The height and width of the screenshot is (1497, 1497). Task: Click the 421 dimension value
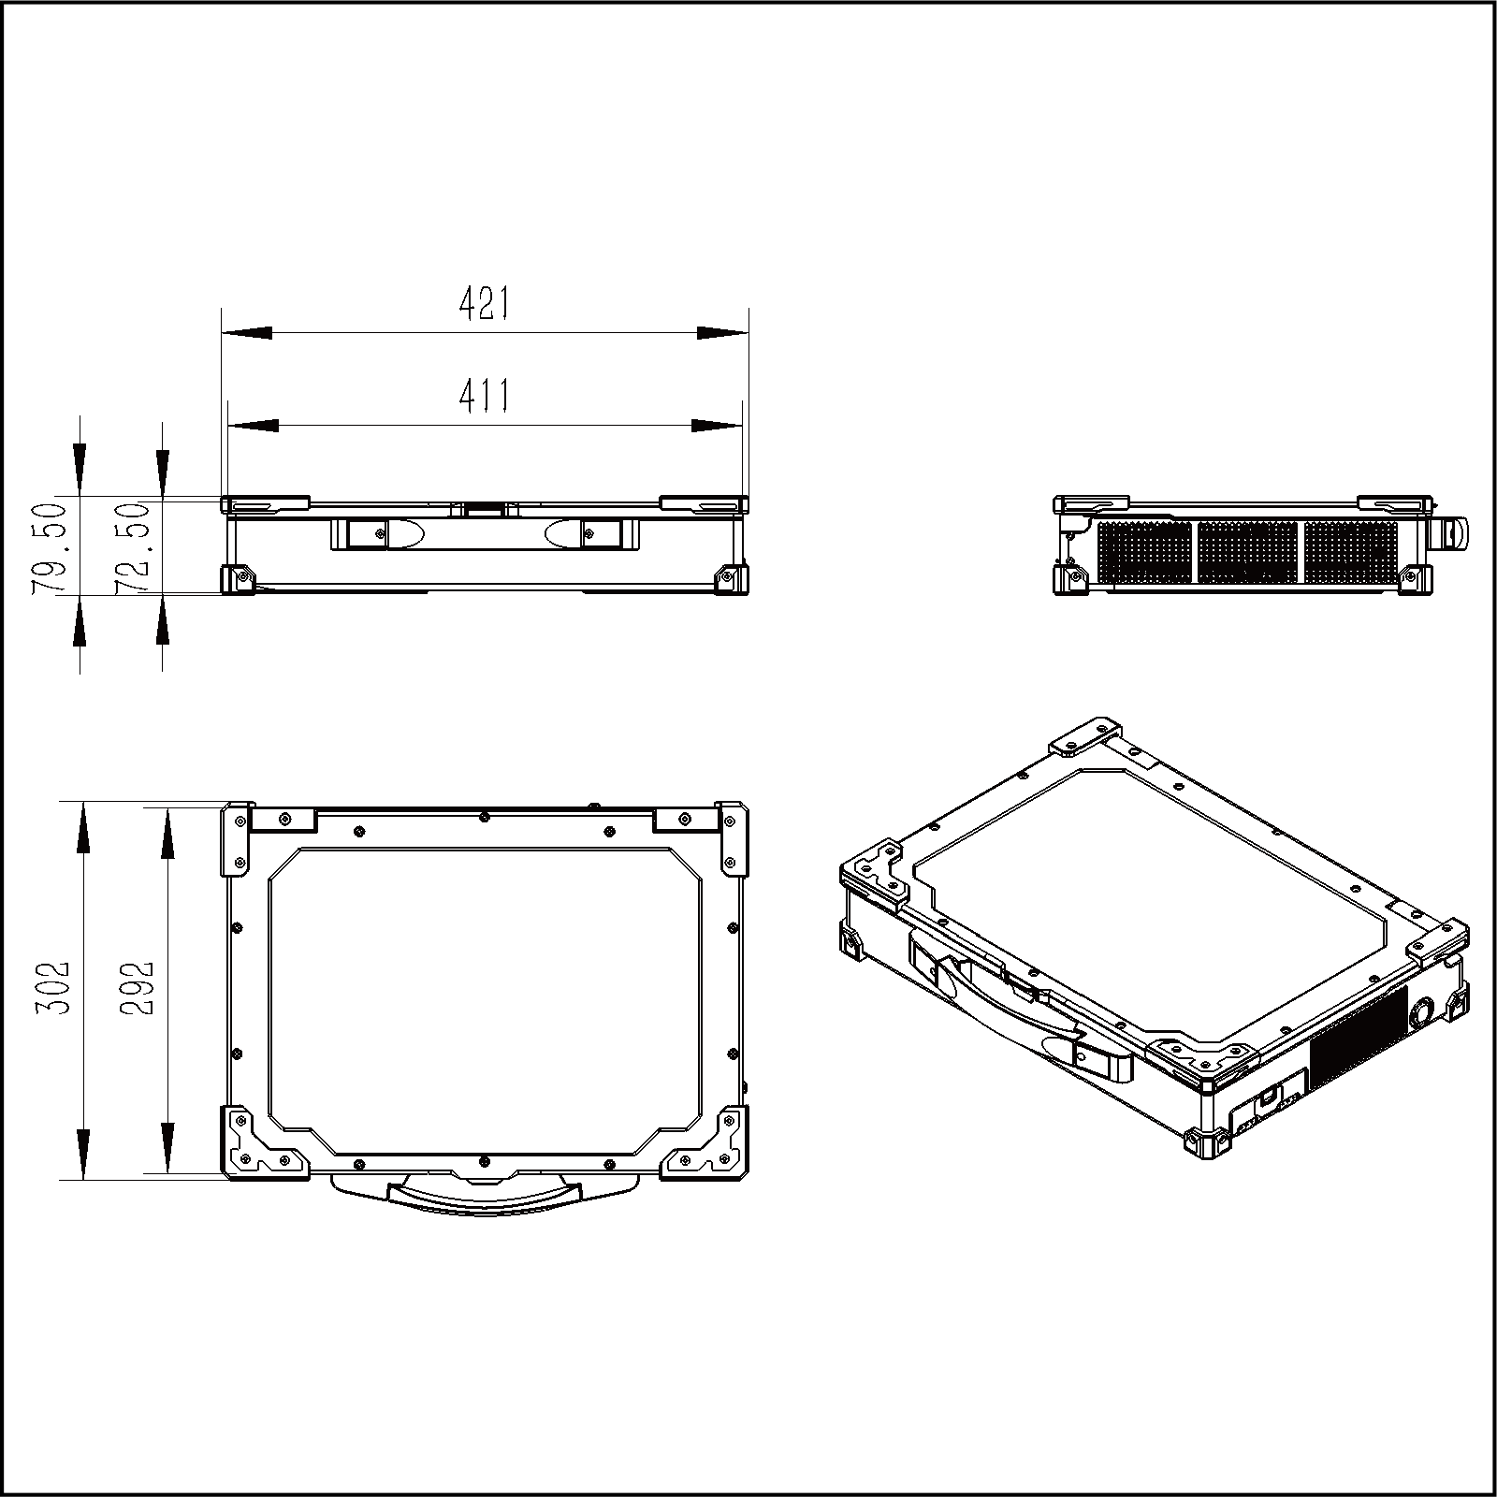tap(485, 304)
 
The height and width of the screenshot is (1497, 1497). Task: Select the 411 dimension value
tap(485, 397)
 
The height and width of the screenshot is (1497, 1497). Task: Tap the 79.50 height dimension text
tap(49, 546)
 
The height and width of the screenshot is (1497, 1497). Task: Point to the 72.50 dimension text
tap(131, 548)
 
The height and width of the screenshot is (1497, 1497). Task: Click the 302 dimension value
tap(50, 990)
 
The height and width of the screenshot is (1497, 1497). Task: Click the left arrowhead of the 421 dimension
tap(246, 333)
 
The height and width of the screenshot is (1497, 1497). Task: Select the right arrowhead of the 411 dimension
tap(717, 427)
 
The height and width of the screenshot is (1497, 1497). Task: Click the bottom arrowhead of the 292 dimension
tap(166, 1147)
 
